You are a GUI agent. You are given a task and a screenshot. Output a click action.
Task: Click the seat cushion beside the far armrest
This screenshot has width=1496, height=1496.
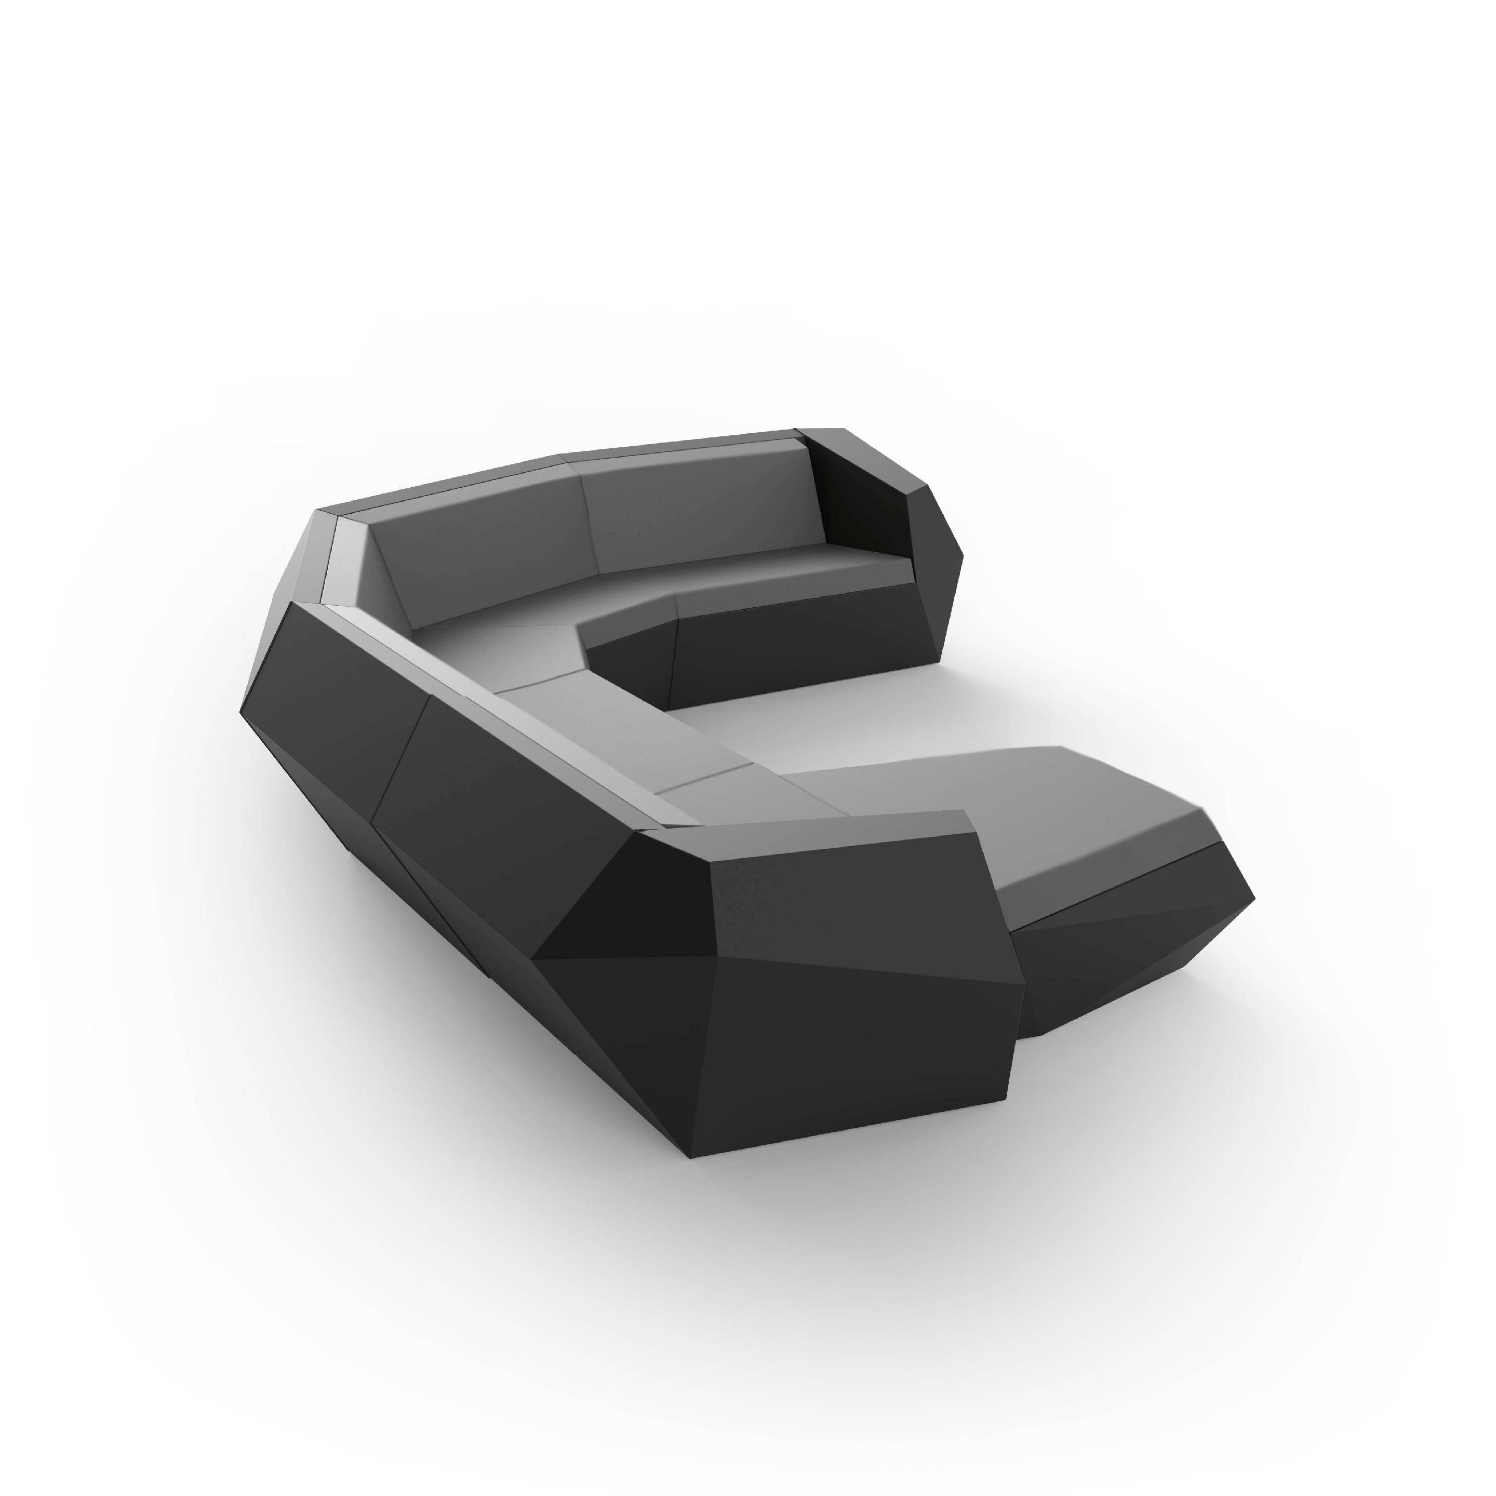[797, 573]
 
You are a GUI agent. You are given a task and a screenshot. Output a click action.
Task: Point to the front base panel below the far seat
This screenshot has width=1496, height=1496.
[797, 643]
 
